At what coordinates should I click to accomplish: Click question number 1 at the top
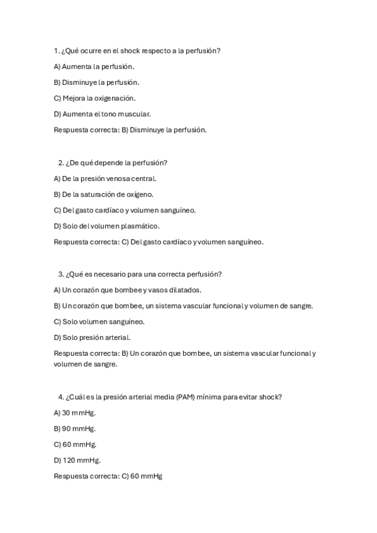point(57,50)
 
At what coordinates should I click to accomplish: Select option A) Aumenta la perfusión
point(94,66)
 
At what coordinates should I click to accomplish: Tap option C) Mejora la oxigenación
point(94,98)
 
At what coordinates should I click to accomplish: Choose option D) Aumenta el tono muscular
point(102,114)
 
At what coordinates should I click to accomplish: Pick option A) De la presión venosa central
point(105,179)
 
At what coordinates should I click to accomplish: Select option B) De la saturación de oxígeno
point(103,194)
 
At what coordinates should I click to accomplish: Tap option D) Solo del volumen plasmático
point(106,226)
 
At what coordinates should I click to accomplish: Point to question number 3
point(60,273)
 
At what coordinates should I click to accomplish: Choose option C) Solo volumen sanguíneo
point(99,322)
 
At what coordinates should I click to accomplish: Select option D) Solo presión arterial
point(92,338)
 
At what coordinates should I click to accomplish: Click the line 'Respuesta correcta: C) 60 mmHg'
point(108,476)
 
